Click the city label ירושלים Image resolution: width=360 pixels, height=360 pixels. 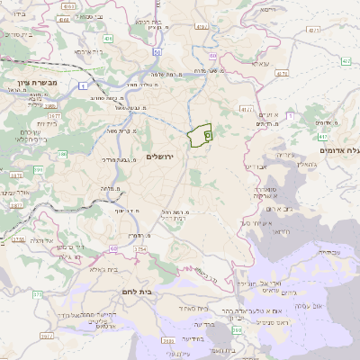click(x=165, y=156)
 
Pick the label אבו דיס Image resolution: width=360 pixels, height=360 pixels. click(x=255, y=167)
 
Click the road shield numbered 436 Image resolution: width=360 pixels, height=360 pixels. click(x=107, y=40)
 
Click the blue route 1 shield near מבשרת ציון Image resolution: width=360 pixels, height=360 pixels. click(x=84, y=85)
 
